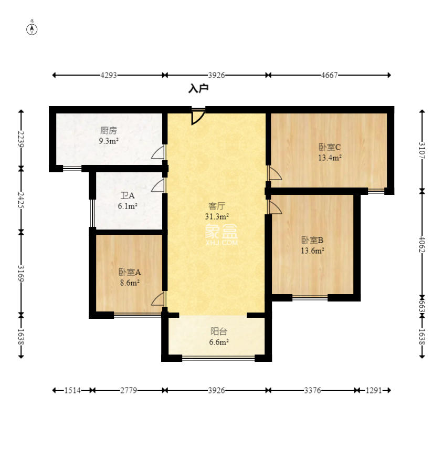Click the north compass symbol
tap(32, 29)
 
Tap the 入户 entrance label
tap(198, 88)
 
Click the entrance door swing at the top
tap(198, 117)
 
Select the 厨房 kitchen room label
tap(109, 130)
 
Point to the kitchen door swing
tap(158, 152)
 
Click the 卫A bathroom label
tap(128, 195)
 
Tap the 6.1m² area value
tap(128, 206)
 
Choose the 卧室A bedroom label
tap(130, 272)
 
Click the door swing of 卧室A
tap(158, 298)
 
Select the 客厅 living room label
tap(217, 206)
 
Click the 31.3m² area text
tap(217, 216)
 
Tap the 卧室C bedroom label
tap(330, 147)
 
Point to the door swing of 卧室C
tap(275, 173)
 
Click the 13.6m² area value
tap(312, 251)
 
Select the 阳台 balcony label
tap(219, 331)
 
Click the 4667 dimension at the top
tap(329, 75)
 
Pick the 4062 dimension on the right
tap(422, 244)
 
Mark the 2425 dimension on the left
tap(21, 200)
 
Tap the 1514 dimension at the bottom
tap(72, 390)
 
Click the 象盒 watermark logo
tap(221, 235)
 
